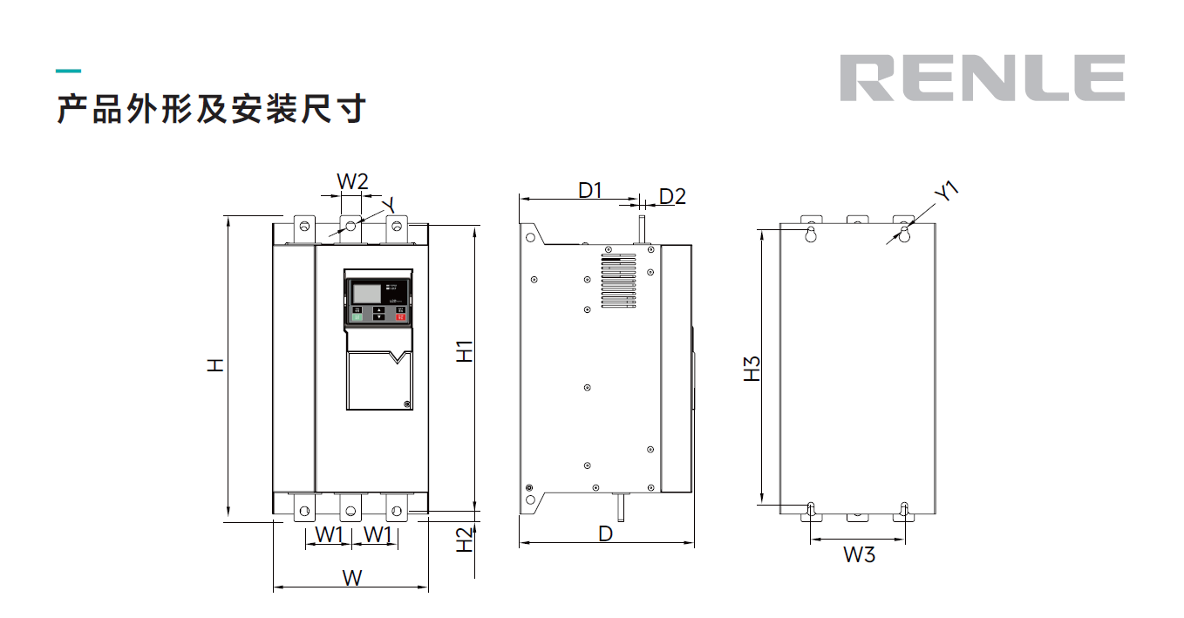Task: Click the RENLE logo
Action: pos(982,78)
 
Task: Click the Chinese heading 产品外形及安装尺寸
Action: pos(211,110)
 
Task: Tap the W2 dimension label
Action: pos(352,182)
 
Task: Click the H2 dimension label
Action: pos(466,540)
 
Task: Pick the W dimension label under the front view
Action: pos(351,577)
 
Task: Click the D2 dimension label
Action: pos(672,196)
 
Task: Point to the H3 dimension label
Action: pos(752,368)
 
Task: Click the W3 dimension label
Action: pos(859,554)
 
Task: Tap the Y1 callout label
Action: pos(946,192)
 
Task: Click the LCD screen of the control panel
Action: pos(366,291)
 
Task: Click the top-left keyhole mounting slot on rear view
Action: pos(811,234)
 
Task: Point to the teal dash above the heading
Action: pos(68,71)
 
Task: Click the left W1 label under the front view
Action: pos(329,534)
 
